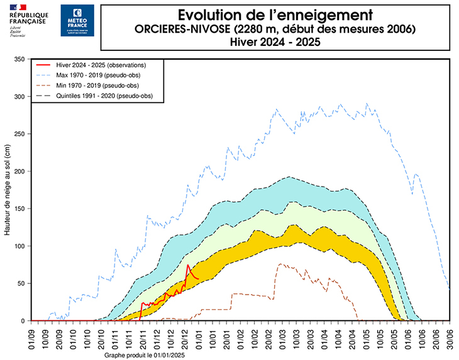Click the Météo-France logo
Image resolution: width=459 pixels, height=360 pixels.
pos(77,20)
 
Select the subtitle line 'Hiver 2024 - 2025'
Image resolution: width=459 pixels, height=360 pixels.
pos(275,42)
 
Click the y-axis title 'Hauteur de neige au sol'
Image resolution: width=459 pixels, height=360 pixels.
pos(8,190)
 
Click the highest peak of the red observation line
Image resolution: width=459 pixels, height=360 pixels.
pos(187,265)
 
